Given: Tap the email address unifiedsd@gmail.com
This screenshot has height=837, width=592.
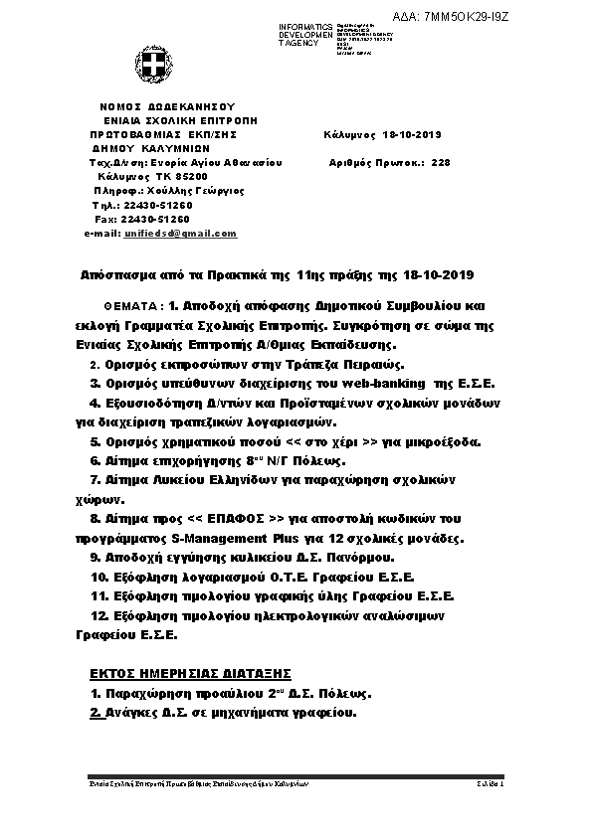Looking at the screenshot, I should [180, 233].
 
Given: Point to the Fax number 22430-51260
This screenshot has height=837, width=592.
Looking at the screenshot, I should [156, 219].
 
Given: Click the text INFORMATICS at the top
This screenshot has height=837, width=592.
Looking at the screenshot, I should [306, 27].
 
